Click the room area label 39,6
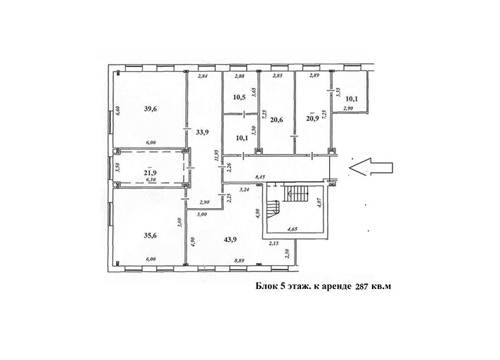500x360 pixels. [150, 109]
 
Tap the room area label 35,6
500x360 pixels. [150, 236]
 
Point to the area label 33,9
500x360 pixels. [202, 132]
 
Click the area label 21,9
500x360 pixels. [150, 173]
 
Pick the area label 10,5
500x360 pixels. [239, 98]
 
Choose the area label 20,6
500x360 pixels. [276, 120]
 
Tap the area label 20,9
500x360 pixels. [312, 118]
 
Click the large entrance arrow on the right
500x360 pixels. [371, 167]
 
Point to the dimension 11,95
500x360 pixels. [217, 156]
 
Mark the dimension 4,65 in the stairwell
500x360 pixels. [293, 229]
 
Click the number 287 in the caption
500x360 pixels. [362, 286]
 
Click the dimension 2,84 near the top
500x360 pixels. [203, 76]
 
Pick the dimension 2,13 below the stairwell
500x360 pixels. [274, 243]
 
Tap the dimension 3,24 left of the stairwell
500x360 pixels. [245, 189]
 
